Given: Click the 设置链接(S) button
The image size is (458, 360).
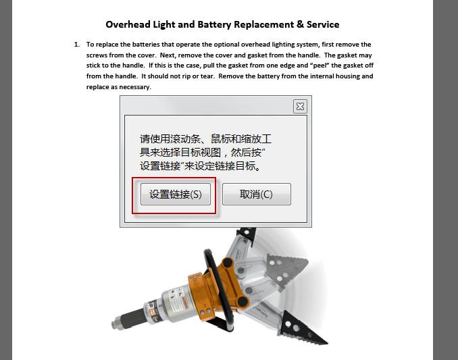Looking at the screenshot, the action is [x=175, y=194].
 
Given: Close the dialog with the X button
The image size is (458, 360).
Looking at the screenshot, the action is [x=300, y=106].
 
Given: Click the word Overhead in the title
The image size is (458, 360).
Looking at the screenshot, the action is [x=128, y=24].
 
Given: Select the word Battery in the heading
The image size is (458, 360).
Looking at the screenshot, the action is [x=214, y=24].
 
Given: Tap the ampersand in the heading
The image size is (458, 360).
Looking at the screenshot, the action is [x=301, y=24].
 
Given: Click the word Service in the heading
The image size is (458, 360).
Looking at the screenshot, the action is [x=323, y=24].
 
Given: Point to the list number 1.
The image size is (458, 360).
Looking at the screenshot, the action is [x=76, y=45].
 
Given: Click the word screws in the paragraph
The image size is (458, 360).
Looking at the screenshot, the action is [x=97, y=55].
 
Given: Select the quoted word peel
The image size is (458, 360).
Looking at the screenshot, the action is [x=320, y=66].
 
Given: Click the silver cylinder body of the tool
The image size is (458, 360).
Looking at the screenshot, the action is [x=175, y=304].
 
